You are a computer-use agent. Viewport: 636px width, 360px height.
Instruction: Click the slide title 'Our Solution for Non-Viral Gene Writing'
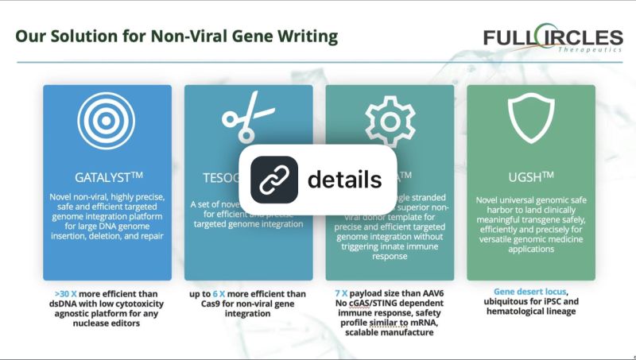176,37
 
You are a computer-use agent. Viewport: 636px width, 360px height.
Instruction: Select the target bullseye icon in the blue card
107,123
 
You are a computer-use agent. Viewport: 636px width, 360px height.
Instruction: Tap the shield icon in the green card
530,123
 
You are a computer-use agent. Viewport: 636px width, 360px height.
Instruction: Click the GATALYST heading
107,176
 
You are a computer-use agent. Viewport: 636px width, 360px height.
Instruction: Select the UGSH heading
530,176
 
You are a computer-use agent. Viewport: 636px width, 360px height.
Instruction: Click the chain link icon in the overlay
274,180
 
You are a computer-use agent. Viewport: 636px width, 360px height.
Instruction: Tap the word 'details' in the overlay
343,180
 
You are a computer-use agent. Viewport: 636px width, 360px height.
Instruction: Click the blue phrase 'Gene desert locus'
530,292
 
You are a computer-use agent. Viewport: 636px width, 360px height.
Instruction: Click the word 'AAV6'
442,293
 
